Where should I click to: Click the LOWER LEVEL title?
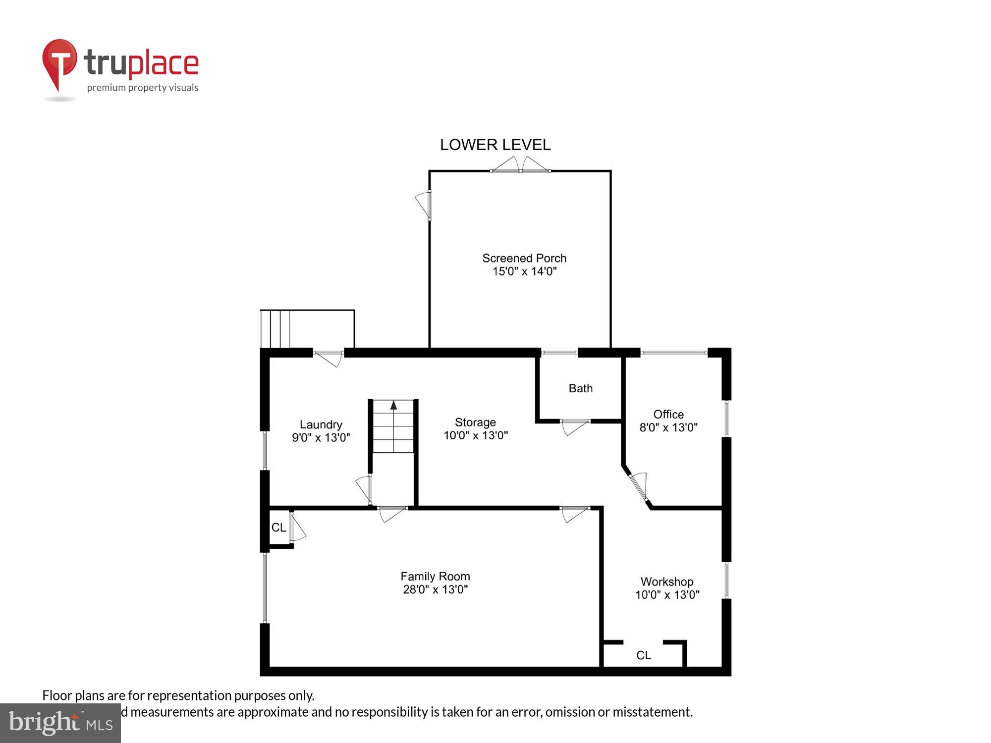tap(495, 145)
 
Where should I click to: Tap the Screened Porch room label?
tap(524, 258)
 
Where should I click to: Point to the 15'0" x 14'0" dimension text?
tap(524, 271)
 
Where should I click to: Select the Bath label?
tap(580, 388)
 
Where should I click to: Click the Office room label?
tap(668, 414)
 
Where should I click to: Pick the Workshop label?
tap(666, 582)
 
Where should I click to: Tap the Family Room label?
tap(435, 576)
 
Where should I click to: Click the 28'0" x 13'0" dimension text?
tap(435, 589)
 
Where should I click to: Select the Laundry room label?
tap(321, 425)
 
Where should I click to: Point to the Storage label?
tap(475, 422)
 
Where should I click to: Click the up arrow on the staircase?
tap(393, 406)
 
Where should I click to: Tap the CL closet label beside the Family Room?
tap(278, 528)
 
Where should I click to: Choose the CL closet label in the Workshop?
tap(643, 655)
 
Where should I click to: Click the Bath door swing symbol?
tap(575, 426)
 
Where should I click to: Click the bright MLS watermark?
tap(60, 723)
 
